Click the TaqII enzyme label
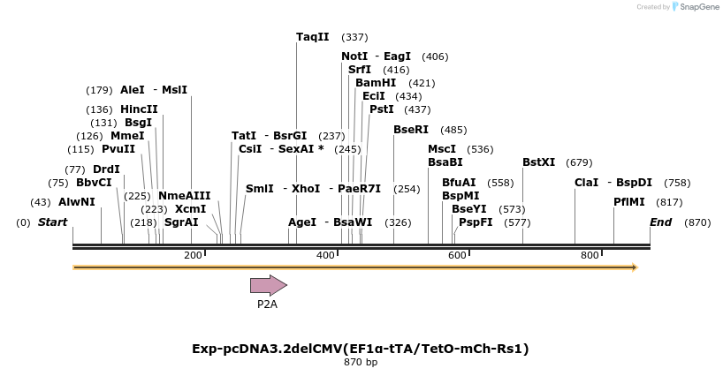point(312,37)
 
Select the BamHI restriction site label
point(376,83)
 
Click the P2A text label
point(267,305)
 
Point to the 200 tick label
point(193,255)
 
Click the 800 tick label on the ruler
point(590,255)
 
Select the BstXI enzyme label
point(538,162)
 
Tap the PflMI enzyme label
point(630,202)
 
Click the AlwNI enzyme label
point(76,202)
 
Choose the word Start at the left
point(52,222)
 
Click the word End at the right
point(660,222)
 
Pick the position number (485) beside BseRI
point(453,130)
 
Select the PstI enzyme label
point(381,109)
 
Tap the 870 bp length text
point(361,362)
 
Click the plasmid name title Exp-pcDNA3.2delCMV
point(361,349)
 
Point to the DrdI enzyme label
point(106,169)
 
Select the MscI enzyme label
point(442,149)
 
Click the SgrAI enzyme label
point(181,222)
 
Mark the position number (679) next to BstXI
point(579,162)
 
